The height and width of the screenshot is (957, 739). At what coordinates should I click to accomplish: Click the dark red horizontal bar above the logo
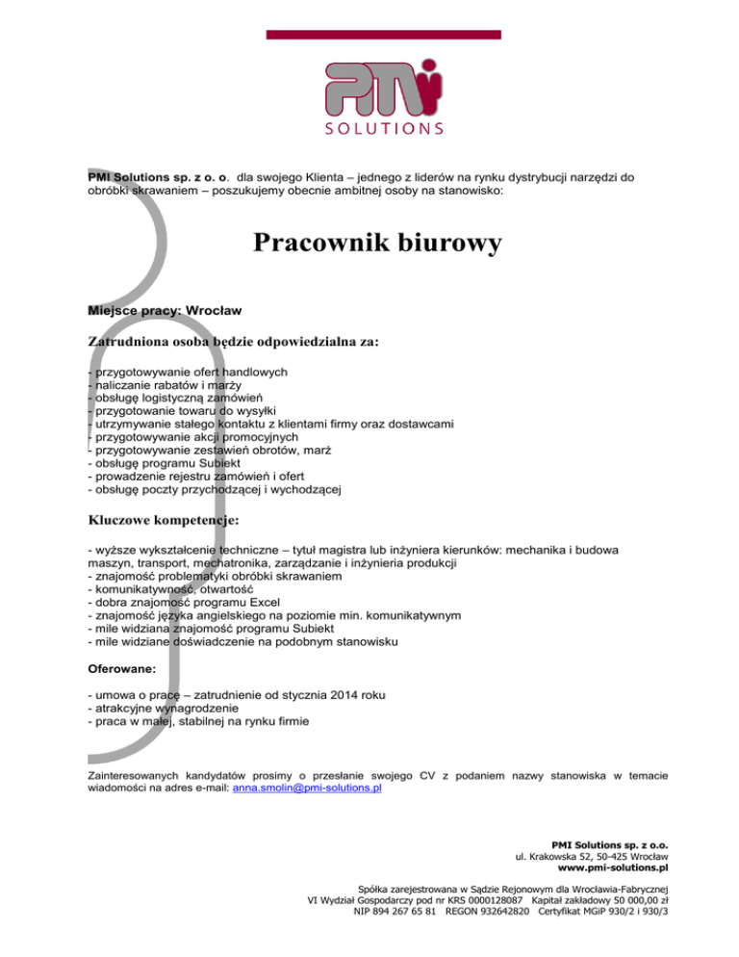tap(383, 35)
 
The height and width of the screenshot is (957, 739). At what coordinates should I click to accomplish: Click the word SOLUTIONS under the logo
tap(383, 127)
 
